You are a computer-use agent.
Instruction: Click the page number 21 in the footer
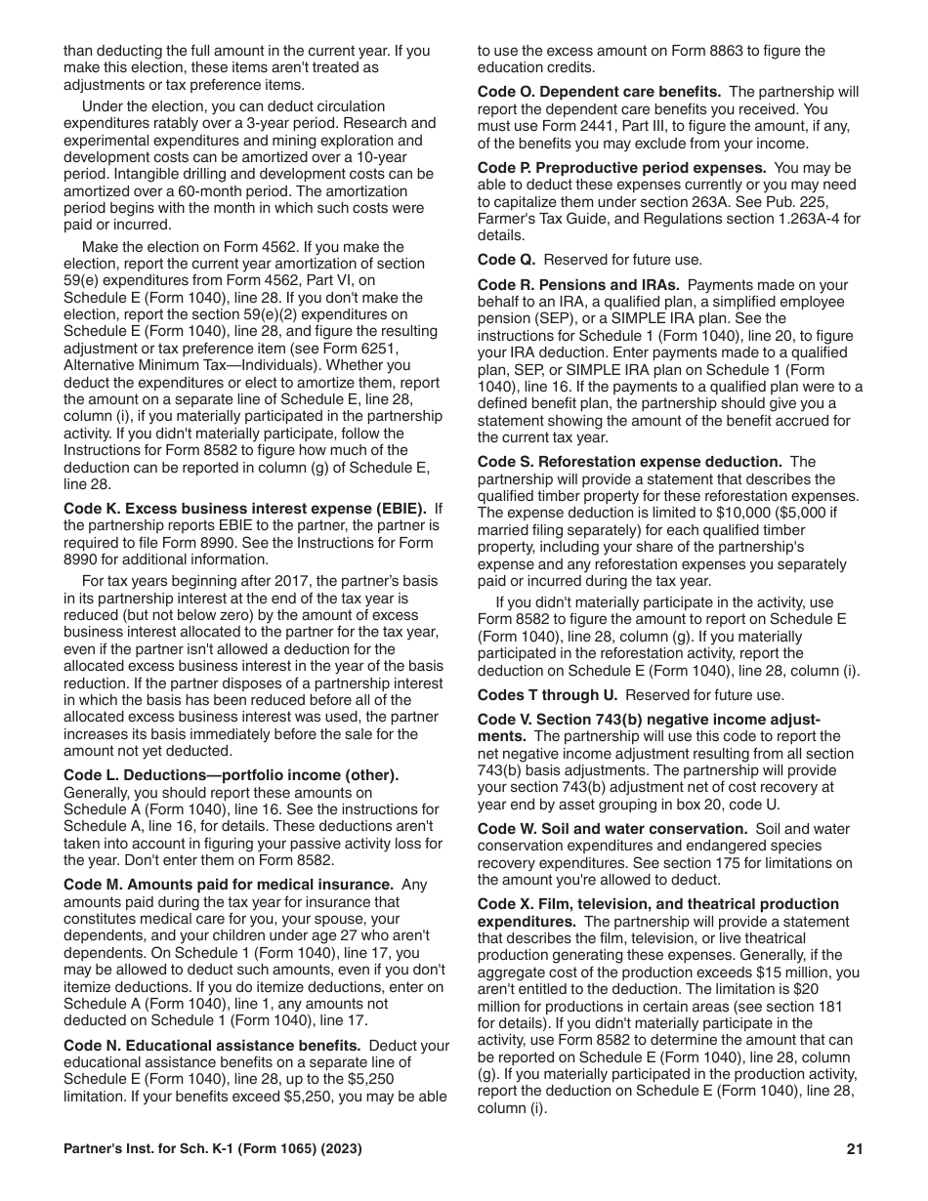[855, 1149]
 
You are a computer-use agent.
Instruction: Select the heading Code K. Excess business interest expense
[244, 509]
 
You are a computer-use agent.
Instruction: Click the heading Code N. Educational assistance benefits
[212, 1045]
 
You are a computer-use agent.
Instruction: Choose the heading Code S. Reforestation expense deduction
[629, 462]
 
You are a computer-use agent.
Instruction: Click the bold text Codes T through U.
[547, 695]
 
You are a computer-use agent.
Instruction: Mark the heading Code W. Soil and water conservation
[613, 828]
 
